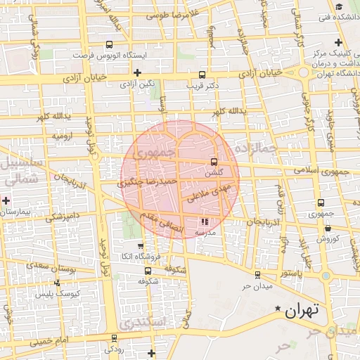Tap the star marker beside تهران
pos(279,309)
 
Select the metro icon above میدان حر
pos(257,275)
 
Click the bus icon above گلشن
pos(214,161)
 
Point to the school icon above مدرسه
pos(205,222)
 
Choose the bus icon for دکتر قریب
pos(202,74)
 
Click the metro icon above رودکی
pos(115,338)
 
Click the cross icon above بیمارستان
pos(6,200)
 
